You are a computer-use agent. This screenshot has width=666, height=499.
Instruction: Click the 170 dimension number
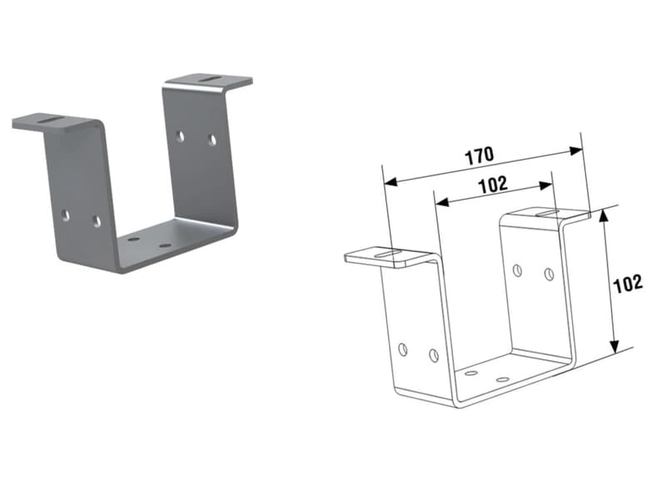(480, 156)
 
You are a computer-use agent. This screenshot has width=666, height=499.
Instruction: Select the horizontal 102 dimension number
(493, 185)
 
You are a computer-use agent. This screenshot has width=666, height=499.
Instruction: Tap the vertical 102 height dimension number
(628, 284)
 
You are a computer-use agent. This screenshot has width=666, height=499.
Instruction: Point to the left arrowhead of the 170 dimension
(390, 182)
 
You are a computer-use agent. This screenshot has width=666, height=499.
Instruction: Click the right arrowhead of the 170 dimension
(575, 151)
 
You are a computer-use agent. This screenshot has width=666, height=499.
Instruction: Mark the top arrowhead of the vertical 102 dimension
(604, 216)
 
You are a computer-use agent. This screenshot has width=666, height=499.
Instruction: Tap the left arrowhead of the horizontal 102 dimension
(442, 202)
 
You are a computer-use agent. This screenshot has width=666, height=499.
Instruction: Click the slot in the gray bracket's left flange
(51, 120)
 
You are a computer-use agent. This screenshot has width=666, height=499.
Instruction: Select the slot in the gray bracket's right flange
(211, 78)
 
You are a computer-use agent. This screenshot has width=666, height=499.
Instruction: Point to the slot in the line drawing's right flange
(547, 212)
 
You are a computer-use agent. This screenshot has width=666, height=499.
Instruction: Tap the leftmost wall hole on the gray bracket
(65, 215)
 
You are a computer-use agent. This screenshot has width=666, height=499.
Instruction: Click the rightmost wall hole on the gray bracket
(212, 140)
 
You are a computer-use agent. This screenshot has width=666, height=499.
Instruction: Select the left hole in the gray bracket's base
(134, 240)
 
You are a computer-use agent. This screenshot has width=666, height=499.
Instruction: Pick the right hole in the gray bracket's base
(164, 245)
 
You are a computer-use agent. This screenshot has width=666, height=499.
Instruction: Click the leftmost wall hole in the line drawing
(403, 349)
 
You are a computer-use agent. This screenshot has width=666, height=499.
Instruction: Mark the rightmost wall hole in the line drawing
(549, 274)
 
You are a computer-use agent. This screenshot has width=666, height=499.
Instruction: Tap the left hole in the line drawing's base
(471, 373)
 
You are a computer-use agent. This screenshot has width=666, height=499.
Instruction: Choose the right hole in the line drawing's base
(503, 378)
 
